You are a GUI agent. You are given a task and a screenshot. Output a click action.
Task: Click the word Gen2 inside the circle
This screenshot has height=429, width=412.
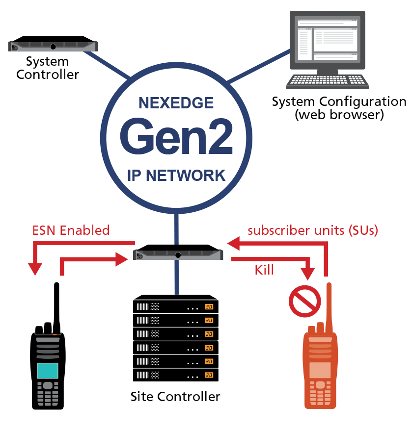[x=176, y=138]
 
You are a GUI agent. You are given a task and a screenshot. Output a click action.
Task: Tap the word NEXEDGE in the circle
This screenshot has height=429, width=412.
[x=176, y=103]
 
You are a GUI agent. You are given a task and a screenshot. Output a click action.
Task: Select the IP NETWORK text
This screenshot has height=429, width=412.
[x=176, y=175]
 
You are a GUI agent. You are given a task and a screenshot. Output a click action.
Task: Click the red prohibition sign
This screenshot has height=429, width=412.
[x=304, y=301]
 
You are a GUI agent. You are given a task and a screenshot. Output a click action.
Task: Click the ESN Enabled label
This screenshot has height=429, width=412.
[x=71, y=230]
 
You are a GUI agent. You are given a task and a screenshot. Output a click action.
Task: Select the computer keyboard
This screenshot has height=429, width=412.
[x=327, y=81]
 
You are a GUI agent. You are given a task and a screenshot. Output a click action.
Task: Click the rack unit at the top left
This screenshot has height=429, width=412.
[x=54, y=47]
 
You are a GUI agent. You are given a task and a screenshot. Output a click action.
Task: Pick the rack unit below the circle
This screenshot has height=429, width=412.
[x=178, y=255]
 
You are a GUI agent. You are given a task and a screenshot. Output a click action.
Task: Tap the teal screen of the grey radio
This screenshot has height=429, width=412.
[x=48, y=371]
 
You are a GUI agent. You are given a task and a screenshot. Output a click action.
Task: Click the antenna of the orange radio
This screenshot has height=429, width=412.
[x=328, y=304]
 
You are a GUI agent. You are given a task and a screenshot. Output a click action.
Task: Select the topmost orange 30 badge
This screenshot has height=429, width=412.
[x=209, y=307]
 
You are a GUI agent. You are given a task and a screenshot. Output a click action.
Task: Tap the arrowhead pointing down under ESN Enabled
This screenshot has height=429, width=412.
[x=35, y=269]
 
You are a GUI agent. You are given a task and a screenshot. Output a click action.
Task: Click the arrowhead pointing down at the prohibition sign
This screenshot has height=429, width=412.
[x=308, y=274]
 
